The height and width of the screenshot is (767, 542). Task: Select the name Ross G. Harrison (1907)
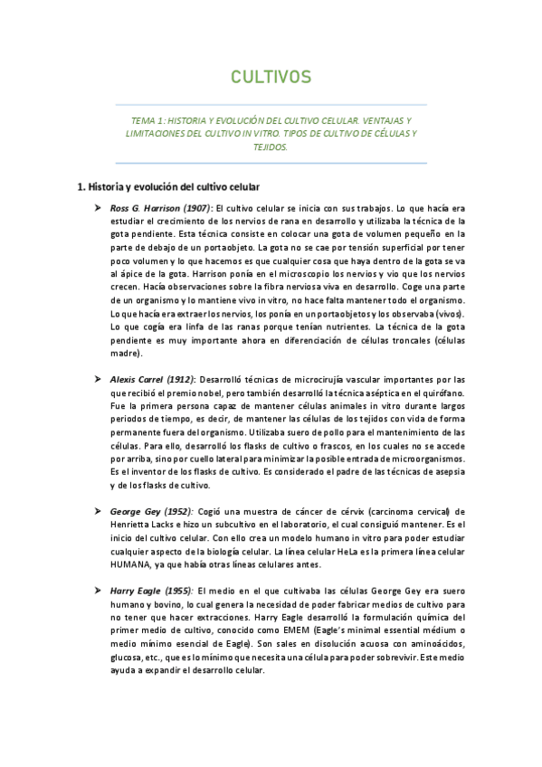click(x=160, y=208)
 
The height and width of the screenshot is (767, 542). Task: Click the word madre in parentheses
click(x=123, y=355)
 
